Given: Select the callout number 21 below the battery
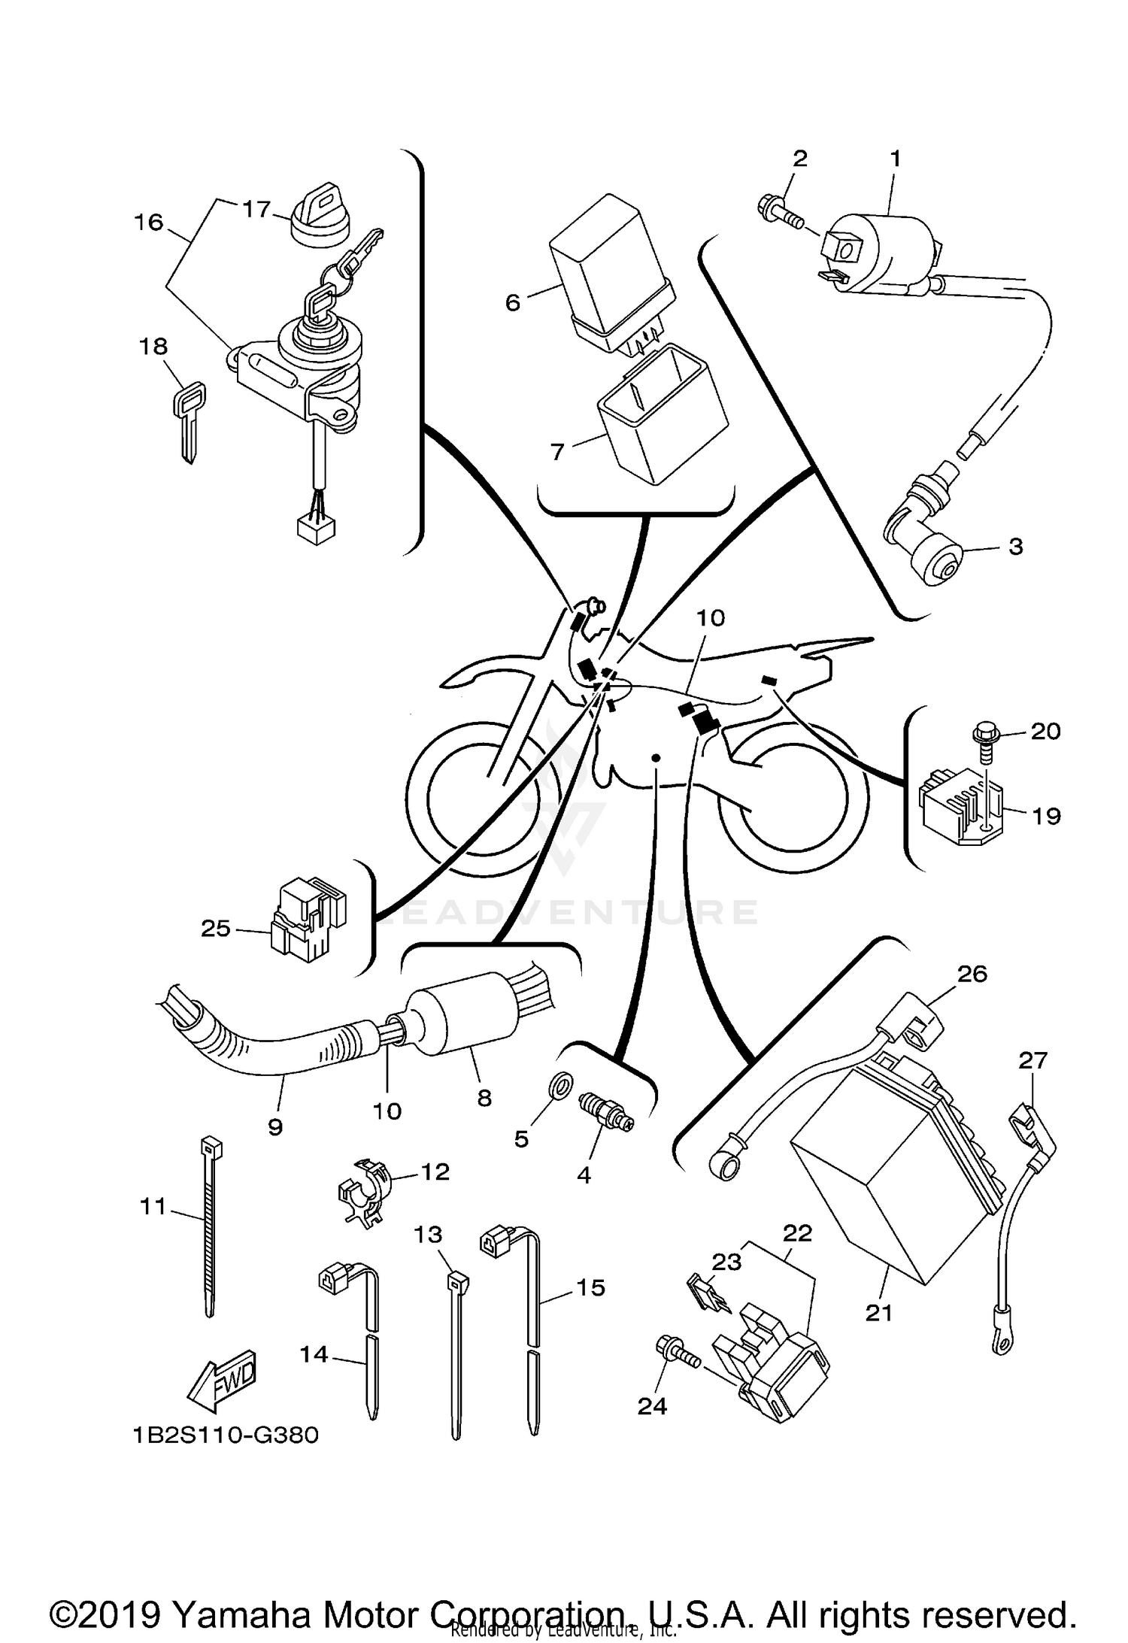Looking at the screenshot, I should [x=878, y=1313].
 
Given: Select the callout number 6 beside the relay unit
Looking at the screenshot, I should [x=513, y=303].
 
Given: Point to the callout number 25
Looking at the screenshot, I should [x=215, y=929].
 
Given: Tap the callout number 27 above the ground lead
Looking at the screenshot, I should [x=1032, y=1061].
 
